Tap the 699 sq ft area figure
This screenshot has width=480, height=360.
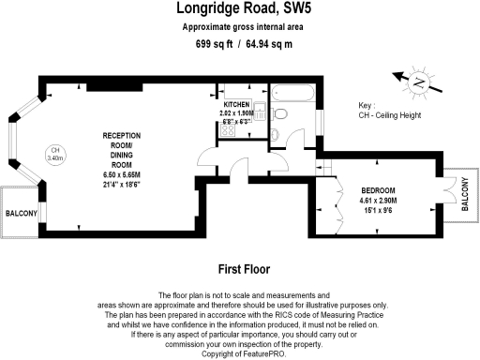click(x=214, y=44)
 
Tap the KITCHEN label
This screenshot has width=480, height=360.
click(x=235, y=105)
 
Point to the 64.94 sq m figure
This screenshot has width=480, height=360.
click(x=271, y=44)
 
